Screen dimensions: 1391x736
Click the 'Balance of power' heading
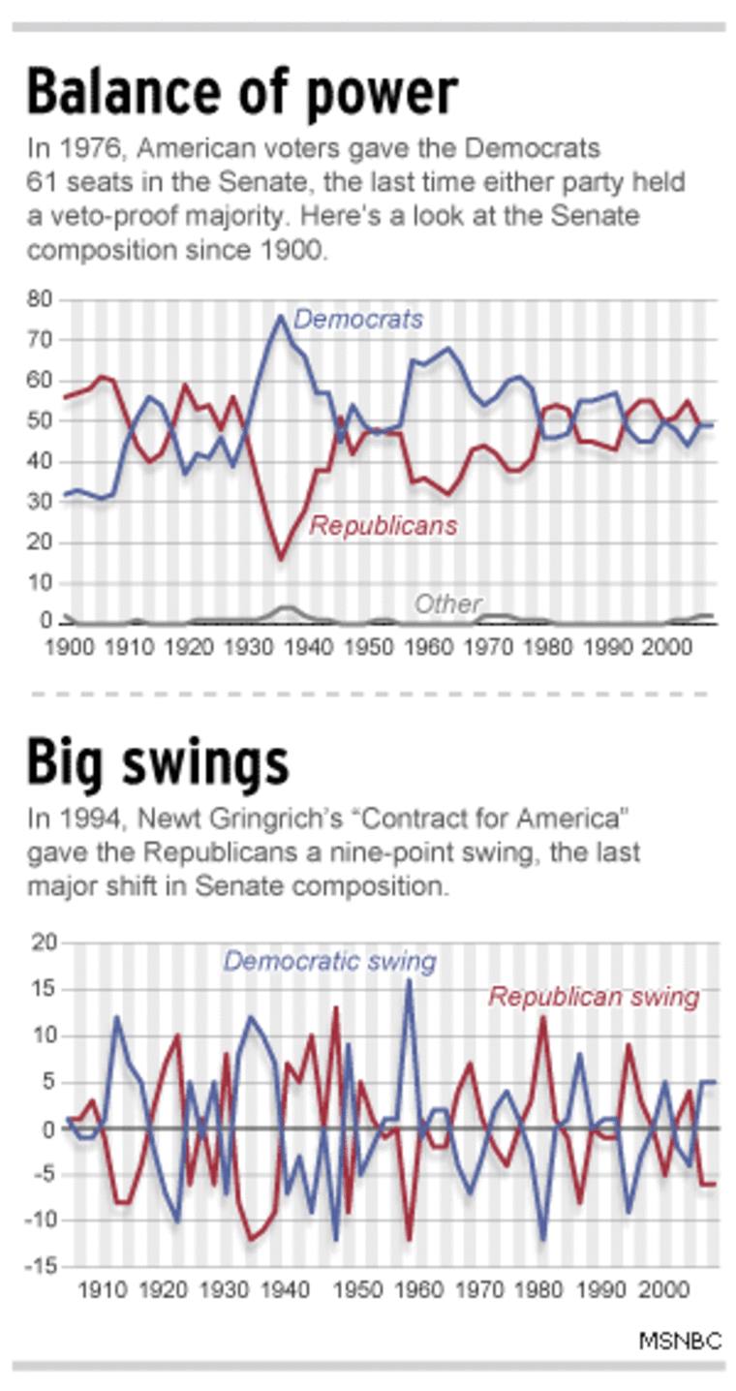click(241, 93)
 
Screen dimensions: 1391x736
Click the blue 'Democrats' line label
click(358, 319)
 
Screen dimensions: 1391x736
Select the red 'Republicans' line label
click(383, 526)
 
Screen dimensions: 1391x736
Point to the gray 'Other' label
click(447, 604)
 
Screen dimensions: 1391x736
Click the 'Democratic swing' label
click(330, 962)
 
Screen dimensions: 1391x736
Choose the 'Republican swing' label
click(594, 997)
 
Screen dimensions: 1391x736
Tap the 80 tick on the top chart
click(39, 300)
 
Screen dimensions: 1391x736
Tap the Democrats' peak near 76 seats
click(281, 316)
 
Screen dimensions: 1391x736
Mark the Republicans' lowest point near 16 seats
click(281, 559)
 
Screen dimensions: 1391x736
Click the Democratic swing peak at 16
click(409, 980)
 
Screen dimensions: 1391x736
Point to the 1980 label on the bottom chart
click(540, 1291)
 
